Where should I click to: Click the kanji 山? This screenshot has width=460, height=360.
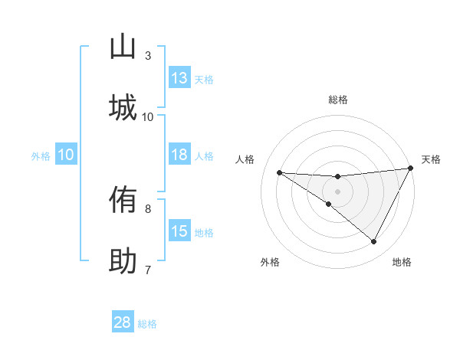point(123,47)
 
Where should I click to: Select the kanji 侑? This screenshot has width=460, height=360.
point(123,201)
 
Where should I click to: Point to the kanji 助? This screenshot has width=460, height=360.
point(123,261)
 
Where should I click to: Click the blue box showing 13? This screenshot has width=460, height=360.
point(179,78)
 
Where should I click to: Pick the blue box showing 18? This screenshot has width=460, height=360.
point(179,155)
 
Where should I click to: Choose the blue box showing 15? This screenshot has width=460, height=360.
point(179,231)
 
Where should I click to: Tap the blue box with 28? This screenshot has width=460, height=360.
point(123,322)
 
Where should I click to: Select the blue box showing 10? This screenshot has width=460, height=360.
point(66,155)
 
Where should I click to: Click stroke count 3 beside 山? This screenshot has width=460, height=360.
point(148,56)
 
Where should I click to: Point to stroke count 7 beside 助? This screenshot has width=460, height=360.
point(148,270)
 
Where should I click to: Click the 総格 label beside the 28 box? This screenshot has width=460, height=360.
point(147,324)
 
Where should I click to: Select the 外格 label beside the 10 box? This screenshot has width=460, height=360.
point(41,156)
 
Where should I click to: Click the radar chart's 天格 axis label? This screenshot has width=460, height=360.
point(431,159)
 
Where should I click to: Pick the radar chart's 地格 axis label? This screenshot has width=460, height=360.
point(402,262)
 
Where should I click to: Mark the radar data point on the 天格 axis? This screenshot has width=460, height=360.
point(412,169)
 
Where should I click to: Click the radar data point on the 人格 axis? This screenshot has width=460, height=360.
point(279,172)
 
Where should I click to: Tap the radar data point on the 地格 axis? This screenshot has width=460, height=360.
point(374,242)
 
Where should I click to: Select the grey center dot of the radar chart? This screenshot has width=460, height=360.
point(337,191)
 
